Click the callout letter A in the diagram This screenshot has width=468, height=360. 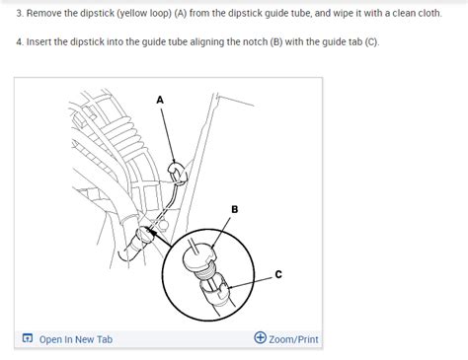point(160,100)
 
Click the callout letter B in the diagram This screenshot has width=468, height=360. point(234,209)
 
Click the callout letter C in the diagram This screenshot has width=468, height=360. point(278,274)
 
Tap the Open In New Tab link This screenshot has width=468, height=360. point(75,339)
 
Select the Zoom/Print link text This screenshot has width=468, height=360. point(293,339)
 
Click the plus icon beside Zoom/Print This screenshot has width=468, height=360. point(260,338)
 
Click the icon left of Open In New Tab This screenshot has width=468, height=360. point(27,339)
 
